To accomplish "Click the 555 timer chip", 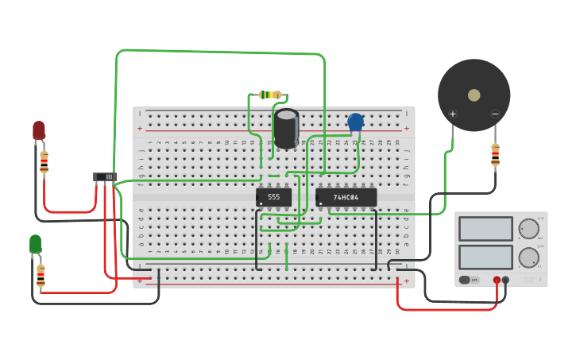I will [273, 197].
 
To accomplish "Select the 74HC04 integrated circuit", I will [346, 197].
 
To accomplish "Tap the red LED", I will [39, 130].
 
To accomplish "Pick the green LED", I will [35, 243].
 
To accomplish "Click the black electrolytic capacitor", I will [286, 128].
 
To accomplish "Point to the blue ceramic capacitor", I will [355, 122].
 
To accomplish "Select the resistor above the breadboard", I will [271, 95].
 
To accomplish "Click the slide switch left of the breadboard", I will [105, 176].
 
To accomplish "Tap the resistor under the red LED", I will [44, 161].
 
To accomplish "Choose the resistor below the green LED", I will [41, 276].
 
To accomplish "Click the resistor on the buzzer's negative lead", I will [495, 154].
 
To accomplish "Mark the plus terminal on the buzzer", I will [453, 114].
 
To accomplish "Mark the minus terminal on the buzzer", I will [495, 114].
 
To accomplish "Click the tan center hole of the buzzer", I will [474, 95].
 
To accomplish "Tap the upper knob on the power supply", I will [528, 228].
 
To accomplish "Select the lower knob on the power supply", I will [528, 257].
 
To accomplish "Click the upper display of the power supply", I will [485, 229].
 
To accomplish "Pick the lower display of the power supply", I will [485, 257].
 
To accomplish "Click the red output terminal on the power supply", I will [497, 280].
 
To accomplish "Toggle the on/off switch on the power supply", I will [470, 280].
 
